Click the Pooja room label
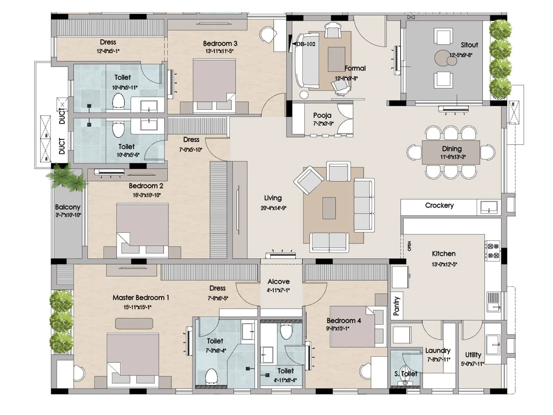click(x=322, y=116)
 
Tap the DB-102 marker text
click(x=306, y=44)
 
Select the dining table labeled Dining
click(x=451, y=152)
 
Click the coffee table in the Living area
click(x=329, y=208)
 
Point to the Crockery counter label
click(x=439, y=205)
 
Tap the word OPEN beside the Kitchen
click(x=410, y=246)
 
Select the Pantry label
click(x=396, y=306)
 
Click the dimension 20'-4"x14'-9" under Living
click(x=273, y=208)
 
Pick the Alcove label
click(x=279, y=282)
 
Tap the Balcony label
click(x=67, y=207)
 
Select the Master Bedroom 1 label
click(x=141, y=298)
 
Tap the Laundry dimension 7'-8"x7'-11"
click(x=439, y=360)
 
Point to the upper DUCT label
click(x=62, y=116)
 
